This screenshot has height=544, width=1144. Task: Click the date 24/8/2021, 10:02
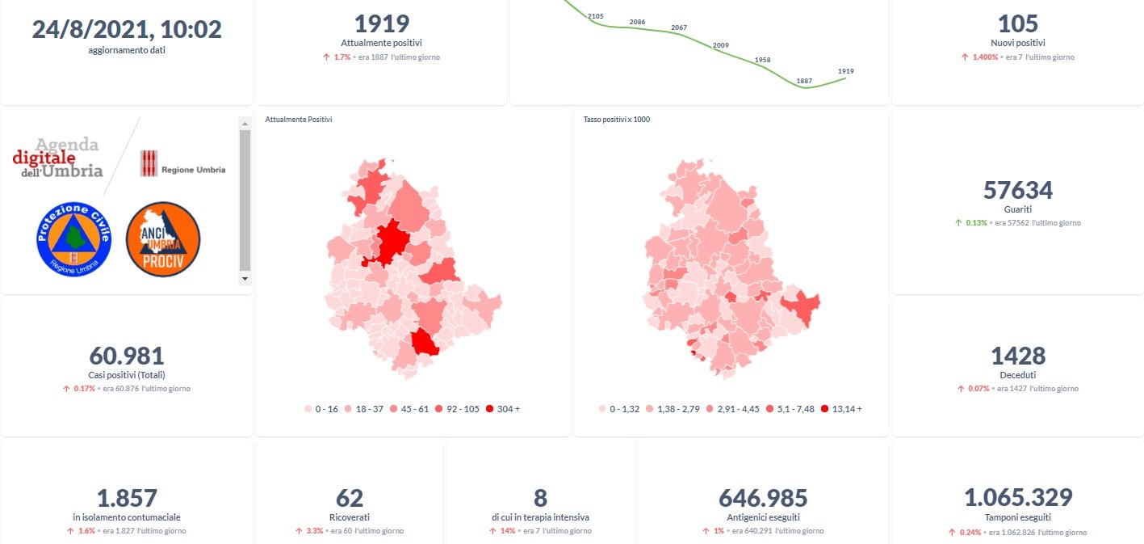click(127, 29)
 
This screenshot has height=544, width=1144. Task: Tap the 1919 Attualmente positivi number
click(382, 23)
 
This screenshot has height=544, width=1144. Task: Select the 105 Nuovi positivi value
click(1017, 23)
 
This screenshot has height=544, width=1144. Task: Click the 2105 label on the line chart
click(596, 15)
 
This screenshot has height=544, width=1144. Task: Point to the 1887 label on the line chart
click(804, 81)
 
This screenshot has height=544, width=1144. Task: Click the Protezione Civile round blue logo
click(73, 239)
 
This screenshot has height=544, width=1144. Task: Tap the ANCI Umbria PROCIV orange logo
click(163, 239)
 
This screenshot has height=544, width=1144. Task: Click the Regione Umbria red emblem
click(149, 163)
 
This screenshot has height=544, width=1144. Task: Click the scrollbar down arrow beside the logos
click(245, 278)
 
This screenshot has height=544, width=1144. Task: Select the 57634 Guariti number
click(1017, 190)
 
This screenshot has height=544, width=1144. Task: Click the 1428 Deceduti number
click(1017, 356)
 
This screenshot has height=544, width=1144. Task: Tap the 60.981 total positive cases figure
click(127, 356)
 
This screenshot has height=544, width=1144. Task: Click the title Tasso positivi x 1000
click(616, 120)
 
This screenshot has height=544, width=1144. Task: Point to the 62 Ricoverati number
click(350, 498)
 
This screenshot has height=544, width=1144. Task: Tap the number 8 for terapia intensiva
click(540, 498)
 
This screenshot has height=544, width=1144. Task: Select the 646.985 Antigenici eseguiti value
click(763, 498)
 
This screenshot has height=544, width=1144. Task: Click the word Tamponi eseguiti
click(1017, 517)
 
